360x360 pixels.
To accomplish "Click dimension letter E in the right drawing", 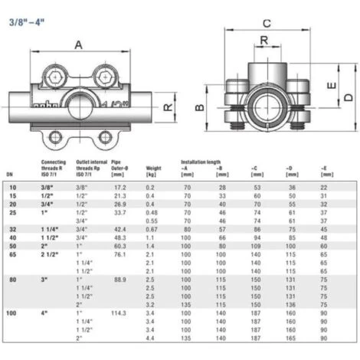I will coord(329,87).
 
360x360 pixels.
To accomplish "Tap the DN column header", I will coord(9,172).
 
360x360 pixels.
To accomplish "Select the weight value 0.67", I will coord(152,228).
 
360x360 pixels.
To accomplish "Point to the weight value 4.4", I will coord(151,338).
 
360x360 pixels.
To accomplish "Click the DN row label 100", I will coord(11,313).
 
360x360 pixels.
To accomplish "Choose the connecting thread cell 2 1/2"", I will coord(51,254).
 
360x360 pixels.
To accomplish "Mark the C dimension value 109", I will coord(257,245).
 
